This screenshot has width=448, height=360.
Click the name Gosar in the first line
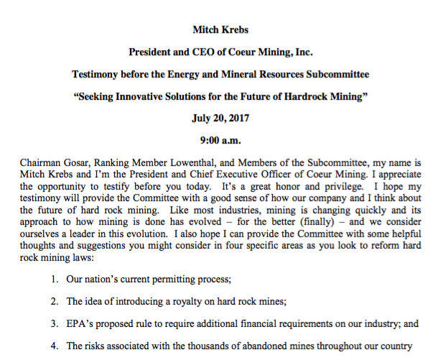(80, 163)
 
